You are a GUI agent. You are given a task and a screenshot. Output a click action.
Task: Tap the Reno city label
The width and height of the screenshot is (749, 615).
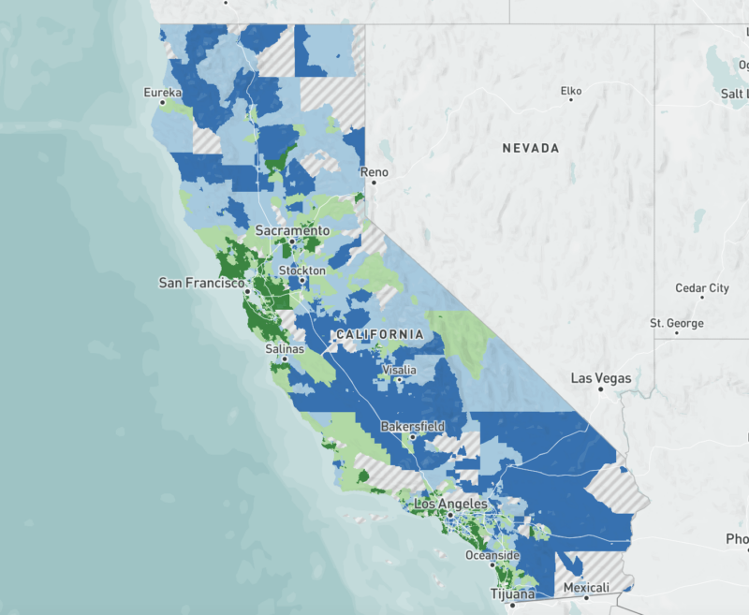pos(374,172)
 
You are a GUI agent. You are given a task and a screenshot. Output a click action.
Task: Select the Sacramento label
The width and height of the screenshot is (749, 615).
pos(293,230)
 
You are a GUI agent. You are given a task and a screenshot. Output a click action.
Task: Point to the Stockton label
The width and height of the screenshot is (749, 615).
pos(301,271)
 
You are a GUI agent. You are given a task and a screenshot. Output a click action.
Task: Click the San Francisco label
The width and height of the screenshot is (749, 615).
pos(201,282)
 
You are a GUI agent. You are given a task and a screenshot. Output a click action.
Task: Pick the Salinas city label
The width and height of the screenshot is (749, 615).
pos(285,348)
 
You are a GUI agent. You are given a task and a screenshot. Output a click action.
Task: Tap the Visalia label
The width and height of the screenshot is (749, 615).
pos(398,370)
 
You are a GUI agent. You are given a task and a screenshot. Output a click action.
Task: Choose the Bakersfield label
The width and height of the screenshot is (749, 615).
pos(412,427)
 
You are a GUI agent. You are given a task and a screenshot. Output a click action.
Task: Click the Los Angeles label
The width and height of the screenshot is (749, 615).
pos(450,504)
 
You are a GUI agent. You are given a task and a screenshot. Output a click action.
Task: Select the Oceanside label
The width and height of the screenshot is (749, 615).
pos(492,555)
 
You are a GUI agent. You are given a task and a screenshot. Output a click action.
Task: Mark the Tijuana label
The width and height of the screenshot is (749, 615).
pos(512,593)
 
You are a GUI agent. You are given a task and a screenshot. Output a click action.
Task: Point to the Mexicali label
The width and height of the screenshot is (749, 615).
pos(587,587)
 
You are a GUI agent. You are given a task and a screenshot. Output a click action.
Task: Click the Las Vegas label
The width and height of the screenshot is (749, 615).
pos(601,379)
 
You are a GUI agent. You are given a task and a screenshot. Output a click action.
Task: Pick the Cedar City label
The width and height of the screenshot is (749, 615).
pos(702,288)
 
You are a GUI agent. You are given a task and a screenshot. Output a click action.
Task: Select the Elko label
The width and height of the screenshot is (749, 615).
pos(570,91)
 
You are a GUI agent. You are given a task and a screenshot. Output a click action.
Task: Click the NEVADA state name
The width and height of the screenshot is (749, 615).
pos(530,148)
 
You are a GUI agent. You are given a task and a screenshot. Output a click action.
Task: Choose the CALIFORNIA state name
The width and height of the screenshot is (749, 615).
pos(379,334)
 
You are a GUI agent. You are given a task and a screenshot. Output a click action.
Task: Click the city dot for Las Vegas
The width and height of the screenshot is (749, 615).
pos(602,389)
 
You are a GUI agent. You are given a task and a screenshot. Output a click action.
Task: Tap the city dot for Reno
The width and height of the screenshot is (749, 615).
pos(374,183)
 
